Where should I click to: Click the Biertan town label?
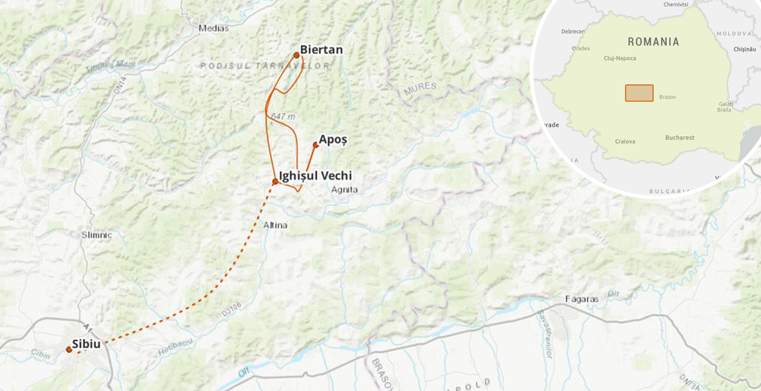321,50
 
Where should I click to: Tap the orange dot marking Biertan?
296,55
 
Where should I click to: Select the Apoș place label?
332,140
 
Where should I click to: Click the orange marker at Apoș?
316,145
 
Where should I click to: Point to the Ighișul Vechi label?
315,176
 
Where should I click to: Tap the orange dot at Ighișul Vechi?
275,182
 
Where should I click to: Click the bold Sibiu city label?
86,344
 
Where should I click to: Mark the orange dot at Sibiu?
69,350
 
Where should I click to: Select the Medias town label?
213,28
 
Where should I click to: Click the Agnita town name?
345,189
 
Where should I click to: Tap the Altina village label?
275,225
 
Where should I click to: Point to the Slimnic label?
97,235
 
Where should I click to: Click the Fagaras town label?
581,299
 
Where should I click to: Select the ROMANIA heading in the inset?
653,42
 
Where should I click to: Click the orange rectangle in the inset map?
639,93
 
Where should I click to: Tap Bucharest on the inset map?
679,137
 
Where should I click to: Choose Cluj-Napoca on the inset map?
620,58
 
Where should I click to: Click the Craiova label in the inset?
624,141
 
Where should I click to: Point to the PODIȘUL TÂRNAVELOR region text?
265,66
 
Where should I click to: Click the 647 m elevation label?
284,116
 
